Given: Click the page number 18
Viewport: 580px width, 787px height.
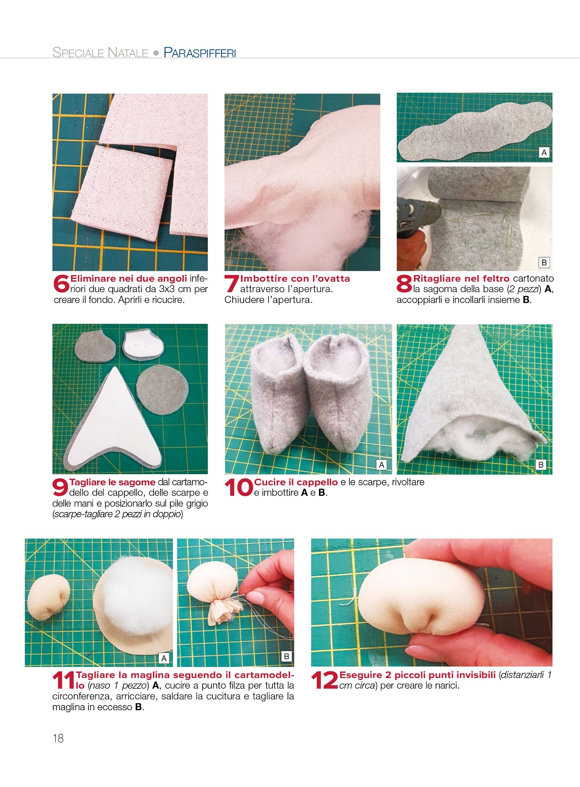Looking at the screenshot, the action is click(x=58, y=738).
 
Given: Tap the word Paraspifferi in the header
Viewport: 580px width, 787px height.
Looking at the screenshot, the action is click(x=200, y=53).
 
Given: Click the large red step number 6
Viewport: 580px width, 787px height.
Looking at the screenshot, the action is click(x=61, y=283).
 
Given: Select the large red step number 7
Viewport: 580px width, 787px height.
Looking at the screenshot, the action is click(x=231, y=283).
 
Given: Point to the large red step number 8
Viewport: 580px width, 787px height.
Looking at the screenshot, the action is click(x=404, y=283).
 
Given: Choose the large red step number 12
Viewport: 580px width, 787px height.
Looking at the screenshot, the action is click(x=324, y=680).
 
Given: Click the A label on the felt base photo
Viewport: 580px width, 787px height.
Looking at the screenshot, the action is click(x=544, y=153).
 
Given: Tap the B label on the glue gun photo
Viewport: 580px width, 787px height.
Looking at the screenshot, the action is click(x=544, y=262).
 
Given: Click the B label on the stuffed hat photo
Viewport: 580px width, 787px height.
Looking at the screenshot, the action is click(x=541, y=465).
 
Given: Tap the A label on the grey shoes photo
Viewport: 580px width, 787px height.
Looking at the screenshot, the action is click(x=381, y=465).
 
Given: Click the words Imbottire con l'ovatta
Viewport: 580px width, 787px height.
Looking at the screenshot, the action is click(x=295, y=278).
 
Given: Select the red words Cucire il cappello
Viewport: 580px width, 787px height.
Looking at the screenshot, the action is click(x=296, y=482).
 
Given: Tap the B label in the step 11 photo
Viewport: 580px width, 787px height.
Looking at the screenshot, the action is click(x=287, y=656).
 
